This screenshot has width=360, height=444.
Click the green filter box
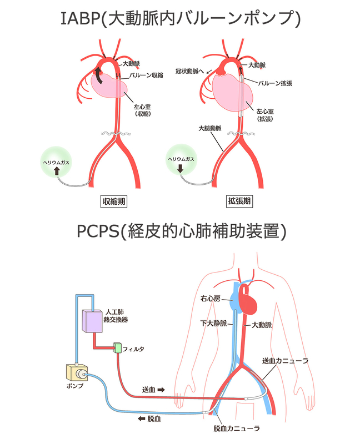click(x=117, y=347)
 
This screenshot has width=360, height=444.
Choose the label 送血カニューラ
click(x=286, y=361)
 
